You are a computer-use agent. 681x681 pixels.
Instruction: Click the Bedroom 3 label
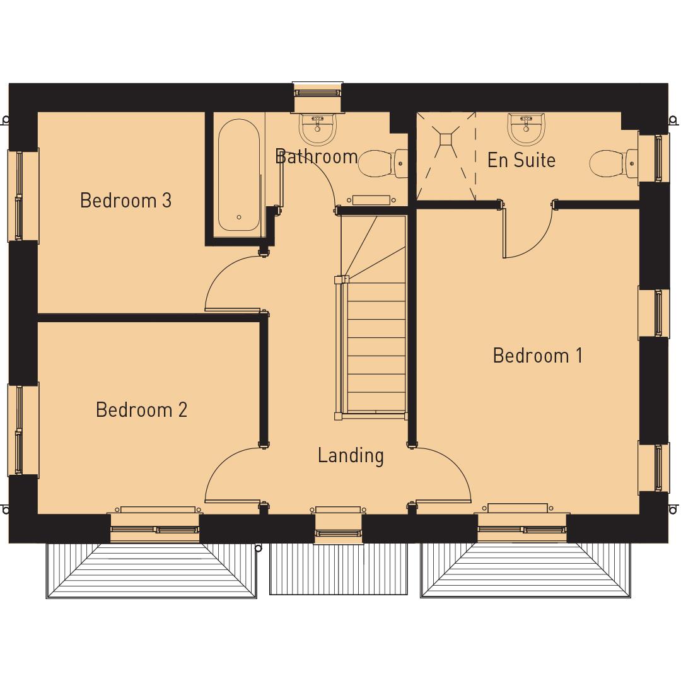coord(125,201)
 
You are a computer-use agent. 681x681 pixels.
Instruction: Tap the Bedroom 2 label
coord(141,410)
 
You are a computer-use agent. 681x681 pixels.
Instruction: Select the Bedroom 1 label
coord(537,356)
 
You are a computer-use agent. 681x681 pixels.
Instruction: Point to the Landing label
coord(350,455)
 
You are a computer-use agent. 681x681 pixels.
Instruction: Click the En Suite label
coord(521,160)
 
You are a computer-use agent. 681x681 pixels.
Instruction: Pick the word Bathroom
coord(316,156)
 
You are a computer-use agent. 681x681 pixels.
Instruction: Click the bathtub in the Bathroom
coord(239,173)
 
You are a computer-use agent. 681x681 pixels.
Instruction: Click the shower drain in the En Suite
coord(446,140)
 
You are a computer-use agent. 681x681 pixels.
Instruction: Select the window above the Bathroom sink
coord(318,92)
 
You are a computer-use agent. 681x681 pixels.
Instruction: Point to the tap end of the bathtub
coord(239,216)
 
